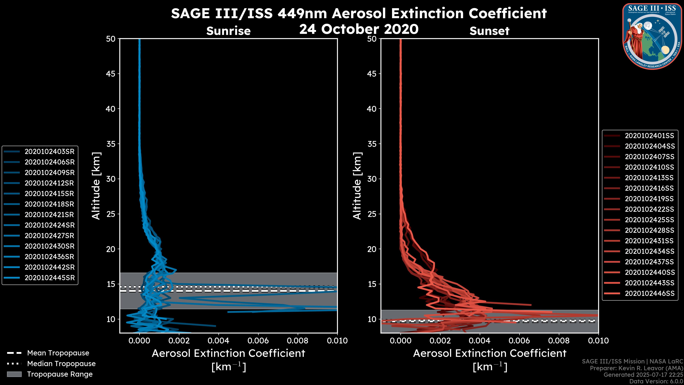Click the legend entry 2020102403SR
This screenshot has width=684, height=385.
tap(49, 152)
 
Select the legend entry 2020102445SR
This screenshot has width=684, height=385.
tap(49, 278)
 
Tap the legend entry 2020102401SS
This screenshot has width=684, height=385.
tap(649, 136)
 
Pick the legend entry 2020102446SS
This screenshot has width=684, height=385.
tap(649, 293)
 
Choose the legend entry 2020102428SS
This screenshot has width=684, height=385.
tap(649, 230)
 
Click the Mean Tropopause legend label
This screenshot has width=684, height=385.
tap(58, 353)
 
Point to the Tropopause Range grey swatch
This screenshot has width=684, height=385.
tap(14, 374)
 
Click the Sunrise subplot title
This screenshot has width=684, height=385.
tap(228, 31)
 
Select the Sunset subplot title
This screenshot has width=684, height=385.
tap(489, 31)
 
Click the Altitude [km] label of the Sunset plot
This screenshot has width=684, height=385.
tap(357, 186)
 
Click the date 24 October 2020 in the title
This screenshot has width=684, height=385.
tap(359, 29)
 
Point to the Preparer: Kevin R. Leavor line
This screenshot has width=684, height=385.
tap(636, 368)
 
